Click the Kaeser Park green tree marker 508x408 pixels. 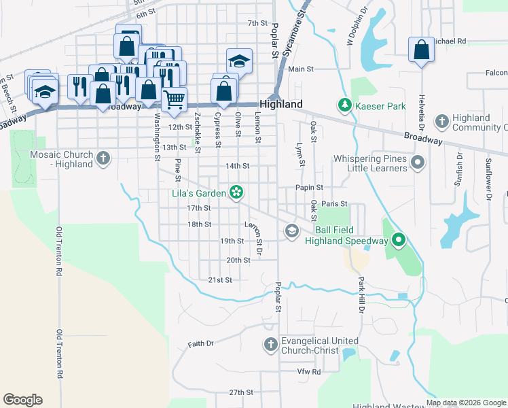[x=345, y=105]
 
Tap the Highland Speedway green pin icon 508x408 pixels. [x=399, y=240]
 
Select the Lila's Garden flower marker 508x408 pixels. [x=236, y=193]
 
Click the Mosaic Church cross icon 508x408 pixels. [x=103, y=158]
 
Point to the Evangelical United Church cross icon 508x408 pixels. [x=270, y=345]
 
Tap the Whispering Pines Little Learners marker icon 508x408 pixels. [x=418, y=163]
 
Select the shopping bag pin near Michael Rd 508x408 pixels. [x=422, y=50]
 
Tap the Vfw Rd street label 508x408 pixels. [x=308, y=372]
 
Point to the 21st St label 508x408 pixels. [x=220, y=280]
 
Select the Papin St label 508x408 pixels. [x=309, y=188]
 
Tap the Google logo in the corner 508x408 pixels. [x=23, y=400]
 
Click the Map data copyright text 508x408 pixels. [x=466, y=403]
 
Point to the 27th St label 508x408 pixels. [x=240, y=393]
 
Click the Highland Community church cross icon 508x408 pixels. [x=441, y=122]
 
